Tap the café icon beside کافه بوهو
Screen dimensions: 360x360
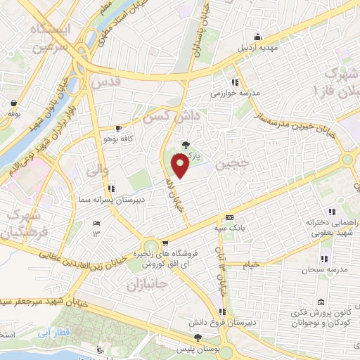[117, 128]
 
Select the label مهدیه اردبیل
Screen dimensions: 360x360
[259, 49]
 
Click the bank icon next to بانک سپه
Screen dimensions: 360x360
[229, 218]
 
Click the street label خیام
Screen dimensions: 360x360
[252, 264]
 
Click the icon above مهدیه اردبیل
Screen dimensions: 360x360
[259, 38]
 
